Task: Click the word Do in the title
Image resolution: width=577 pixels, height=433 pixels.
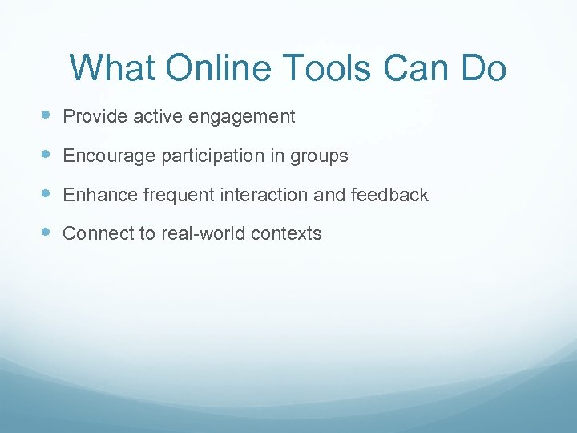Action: pyautogui.click(x=483, y=68)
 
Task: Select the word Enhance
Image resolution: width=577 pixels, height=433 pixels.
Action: pyautogui.click(x=99, y=195)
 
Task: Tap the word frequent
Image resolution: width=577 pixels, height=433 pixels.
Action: pyautogui.click(x=173, y=196)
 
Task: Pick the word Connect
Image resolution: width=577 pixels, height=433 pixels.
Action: pyautogui.click(x=95, y=234)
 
